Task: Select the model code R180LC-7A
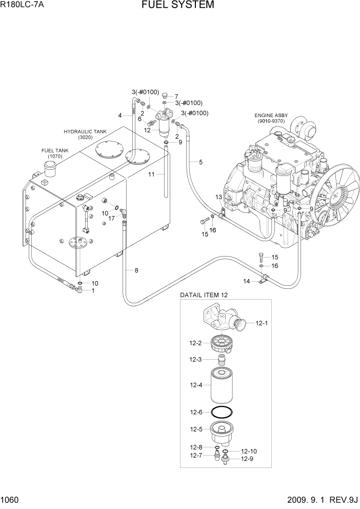coord(23,6)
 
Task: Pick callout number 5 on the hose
coord(201,162)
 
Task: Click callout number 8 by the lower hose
coord(136,270)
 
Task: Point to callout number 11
coord(151,175)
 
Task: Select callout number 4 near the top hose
coord(120,115)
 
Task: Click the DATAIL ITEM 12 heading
coord(203,295)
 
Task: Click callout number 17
coord(111,218)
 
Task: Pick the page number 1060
coord(9,500)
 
